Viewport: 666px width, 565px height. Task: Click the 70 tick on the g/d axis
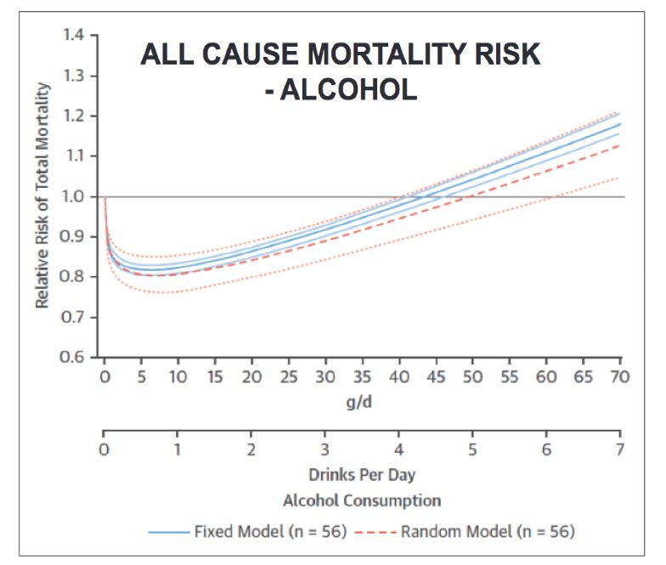pyautogui.click(x=620, y=376)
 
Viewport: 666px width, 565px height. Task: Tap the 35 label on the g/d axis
pyautogui.click(x=362, y=376)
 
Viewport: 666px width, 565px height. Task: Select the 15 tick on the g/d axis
pyautogui.click(x=215, y=376)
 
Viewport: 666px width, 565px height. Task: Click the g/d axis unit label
pyautogui.click(x=362, y=402)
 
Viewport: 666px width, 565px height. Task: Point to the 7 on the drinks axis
pyautogui.click(x=620, y=449)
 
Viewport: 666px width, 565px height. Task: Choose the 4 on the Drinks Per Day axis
pyautogui.click(x=398, y=449)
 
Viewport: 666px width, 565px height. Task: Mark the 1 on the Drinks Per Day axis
pyautogui.click(x=178, y=449)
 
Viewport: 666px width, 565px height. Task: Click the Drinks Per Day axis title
pyautogui.click(x=362, y=475)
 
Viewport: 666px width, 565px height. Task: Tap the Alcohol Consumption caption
pyautogui.click(x=362, y=500)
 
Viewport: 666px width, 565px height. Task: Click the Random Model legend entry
pyautogui.click(x=488, y=533)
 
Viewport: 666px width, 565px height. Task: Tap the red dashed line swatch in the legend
pyautogui.click(x=370, y=533)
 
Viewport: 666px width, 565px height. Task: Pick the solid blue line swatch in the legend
pyautogui.click(x=168, y=533)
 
